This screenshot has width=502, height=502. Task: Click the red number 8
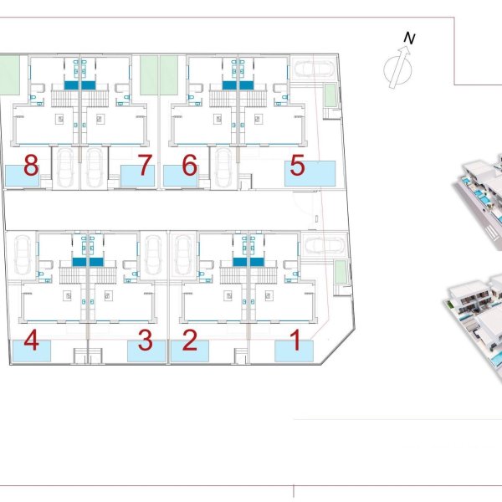click(31, 165)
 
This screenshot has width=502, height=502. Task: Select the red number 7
click(145, 165)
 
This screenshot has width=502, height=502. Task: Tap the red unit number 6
click(189, 165)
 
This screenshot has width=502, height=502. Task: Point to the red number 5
click(297, 165)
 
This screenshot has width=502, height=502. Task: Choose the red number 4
click(32, 340)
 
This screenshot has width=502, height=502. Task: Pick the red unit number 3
click(145, 340)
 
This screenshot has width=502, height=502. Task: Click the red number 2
click(190, 340)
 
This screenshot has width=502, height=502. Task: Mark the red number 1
click(295, 340)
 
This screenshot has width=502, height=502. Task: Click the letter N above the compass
click(409, 38)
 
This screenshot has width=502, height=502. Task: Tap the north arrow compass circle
click(397, 69)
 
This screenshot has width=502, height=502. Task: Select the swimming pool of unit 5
click(310, 173)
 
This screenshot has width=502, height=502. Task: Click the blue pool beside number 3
click(146, 351)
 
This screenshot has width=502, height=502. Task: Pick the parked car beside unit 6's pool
click(223, 167)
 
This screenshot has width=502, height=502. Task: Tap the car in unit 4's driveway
click(23, 255)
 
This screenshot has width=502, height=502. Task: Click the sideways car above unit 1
click(325, 245)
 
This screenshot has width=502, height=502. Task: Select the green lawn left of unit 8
click(9, 75)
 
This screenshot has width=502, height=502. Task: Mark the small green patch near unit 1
click(341, 272)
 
